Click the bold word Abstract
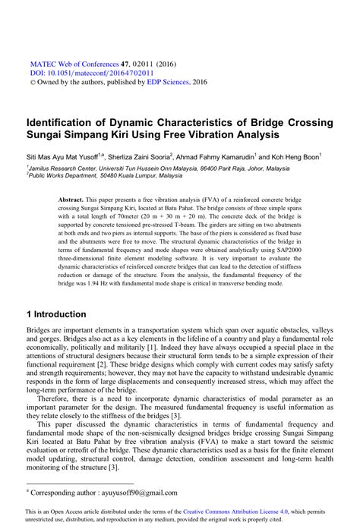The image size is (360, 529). point(71,197)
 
